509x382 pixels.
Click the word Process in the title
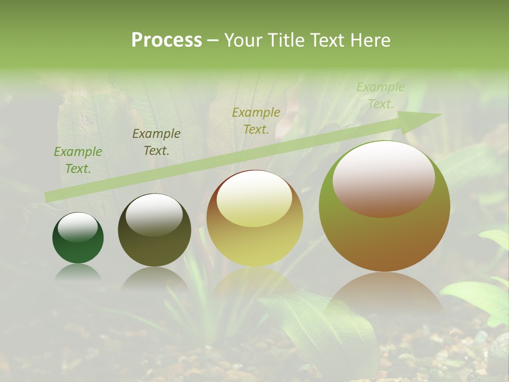(x=166, y=40)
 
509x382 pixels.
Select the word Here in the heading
(x=371, y=40)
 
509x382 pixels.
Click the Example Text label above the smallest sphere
(x=78, y=160)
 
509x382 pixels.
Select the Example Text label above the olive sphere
(x=156, y=142)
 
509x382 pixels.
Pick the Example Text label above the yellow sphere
(x=256, y=121)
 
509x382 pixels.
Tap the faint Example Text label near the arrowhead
(x=381, y=95)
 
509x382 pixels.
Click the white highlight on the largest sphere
(x=384, y=179)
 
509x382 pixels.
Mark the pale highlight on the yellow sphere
(x=254, y=199)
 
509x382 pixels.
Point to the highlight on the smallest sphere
(x=78, y=228)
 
